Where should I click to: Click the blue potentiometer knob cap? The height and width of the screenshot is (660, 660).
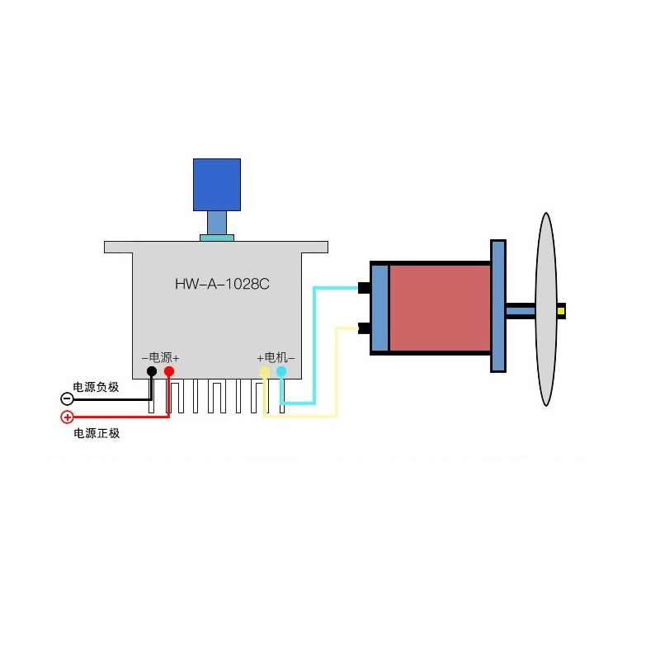pos(217,184)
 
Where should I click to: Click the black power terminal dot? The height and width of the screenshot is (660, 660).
pos(152,372)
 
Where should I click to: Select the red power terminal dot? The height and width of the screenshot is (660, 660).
pos(169,372)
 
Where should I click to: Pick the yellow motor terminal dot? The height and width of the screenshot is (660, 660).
pos(265,372)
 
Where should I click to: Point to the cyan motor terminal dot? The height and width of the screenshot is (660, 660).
pos(281,372)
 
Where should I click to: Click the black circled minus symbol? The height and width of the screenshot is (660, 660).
pos(68,399)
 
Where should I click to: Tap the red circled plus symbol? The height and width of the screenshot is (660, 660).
pos(68,417)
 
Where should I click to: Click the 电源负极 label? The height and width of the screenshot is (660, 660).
pos(97,386)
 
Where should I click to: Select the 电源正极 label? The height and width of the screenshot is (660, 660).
pos(97,433)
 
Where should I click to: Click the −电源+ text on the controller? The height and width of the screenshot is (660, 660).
pos(160,357)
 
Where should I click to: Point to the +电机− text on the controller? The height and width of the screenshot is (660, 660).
pos(276,357)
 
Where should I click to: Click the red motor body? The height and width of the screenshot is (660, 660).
pos(439,308)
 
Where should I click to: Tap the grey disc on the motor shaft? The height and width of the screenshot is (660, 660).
pos(545,309)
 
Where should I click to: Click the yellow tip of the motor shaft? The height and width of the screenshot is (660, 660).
pos(561,311)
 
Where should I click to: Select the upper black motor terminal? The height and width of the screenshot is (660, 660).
pos(363,288)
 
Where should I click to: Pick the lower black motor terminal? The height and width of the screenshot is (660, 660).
pos(363,328)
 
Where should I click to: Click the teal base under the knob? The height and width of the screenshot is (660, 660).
pos(217,238)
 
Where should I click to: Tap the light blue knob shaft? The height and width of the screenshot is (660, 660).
pos(217,222)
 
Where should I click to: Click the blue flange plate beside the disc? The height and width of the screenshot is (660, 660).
pos(498,306)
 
